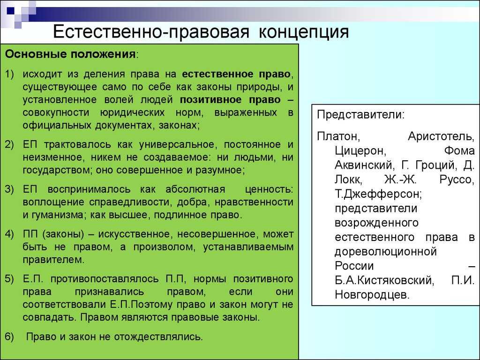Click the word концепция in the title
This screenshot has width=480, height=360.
[x=304, y=31]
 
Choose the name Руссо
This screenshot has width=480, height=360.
[x=457, y=180]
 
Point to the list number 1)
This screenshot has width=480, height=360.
[x=9, y=74]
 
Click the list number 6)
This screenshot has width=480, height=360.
[x=9, y=337]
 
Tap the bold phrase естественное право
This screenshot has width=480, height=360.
[x=236, y=74]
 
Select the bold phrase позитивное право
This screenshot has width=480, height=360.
[x=230, y=100]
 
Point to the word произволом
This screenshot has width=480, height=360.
[x=163, y=247]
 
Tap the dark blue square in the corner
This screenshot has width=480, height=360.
[x=11, y=11]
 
